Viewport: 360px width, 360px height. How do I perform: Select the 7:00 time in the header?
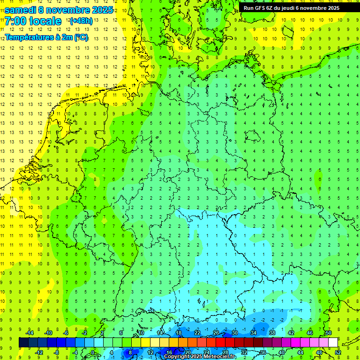coord(15,21)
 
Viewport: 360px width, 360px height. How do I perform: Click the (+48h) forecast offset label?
coord(81,21)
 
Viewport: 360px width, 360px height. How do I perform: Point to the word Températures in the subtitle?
coord(29,37)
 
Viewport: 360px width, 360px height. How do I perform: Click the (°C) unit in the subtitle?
coord(81,37)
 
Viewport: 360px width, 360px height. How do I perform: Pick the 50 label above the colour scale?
coord(328,333)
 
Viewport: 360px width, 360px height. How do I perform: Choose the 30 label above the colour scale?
coord(234,333)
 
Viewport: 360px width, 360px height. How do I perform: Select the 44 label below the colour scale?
coord(300,352)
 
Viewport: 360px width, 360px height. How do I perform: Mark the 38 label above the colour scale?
coord(272,333)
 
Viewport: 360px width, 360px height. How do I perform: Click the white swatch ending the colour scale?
coord(333,343)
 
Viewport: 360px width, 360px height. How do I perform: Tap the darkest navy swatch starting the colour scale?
coord(23,343)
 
